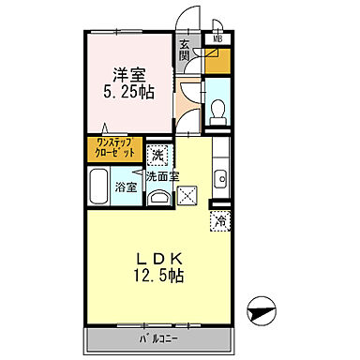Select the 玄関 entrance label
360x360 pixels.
click(x=186, y=52)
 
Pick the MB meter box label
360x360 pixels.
click(x=217, y=39)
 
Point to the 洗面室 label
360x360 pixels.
click(x=160, y=175)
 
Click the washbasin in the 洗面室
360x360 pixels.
click(x=160, y=194)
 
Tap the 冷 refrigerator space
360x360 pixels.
click(x=218, y=221)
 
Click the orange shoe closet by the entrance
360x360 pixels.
click(x=218, y=62)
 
